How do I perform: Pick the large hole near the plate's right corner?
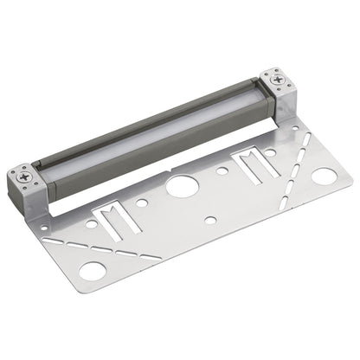[324, 177]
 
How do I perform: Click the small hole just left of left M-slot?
[90, 224]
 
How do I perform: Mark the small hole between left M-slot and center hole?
[144, 204]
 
